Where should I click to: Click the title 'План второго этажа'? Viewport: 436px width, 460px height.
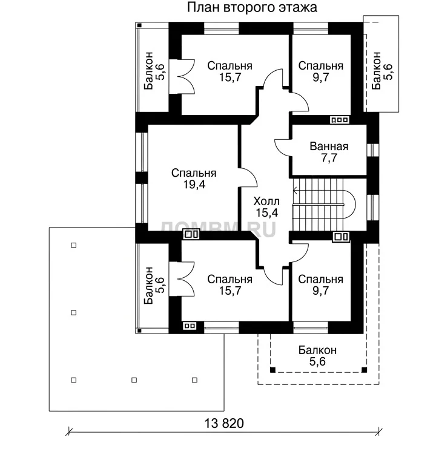(252, 8)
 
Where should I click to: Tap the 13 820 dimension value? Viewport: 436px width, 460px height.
(223, 424)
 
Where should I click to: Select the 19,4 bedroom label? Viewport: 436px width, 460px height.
(194, 179)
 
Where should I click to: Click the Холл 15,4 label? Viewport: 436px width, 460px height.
(266, 207)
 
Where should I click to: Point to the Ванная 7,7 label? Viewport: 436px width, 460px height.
(329, 152)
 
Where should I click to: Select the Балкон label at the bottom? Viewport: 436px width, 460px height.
(317, 355)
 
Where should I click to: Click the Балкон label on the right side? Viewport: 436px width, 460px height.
(382, 71)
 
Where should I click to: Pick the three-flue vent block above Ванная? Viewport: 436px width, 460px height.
(340, 120)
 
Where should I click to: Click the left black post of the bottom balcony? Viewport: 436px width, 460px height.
(272, 370)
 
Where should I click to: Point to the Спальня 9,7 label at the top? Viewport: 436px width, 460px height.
(320, 71)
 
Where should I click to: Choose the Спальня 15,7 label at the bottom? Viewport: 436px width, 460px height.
(230, 285)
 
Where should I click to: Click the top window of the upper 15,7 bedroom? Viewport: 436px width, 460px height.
(222, 29)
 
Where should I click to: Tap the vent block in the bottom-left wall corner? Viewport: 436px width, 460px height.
(190, 326)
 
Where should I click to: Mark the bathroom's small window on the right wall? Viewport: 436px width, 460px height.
(373, 150)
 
